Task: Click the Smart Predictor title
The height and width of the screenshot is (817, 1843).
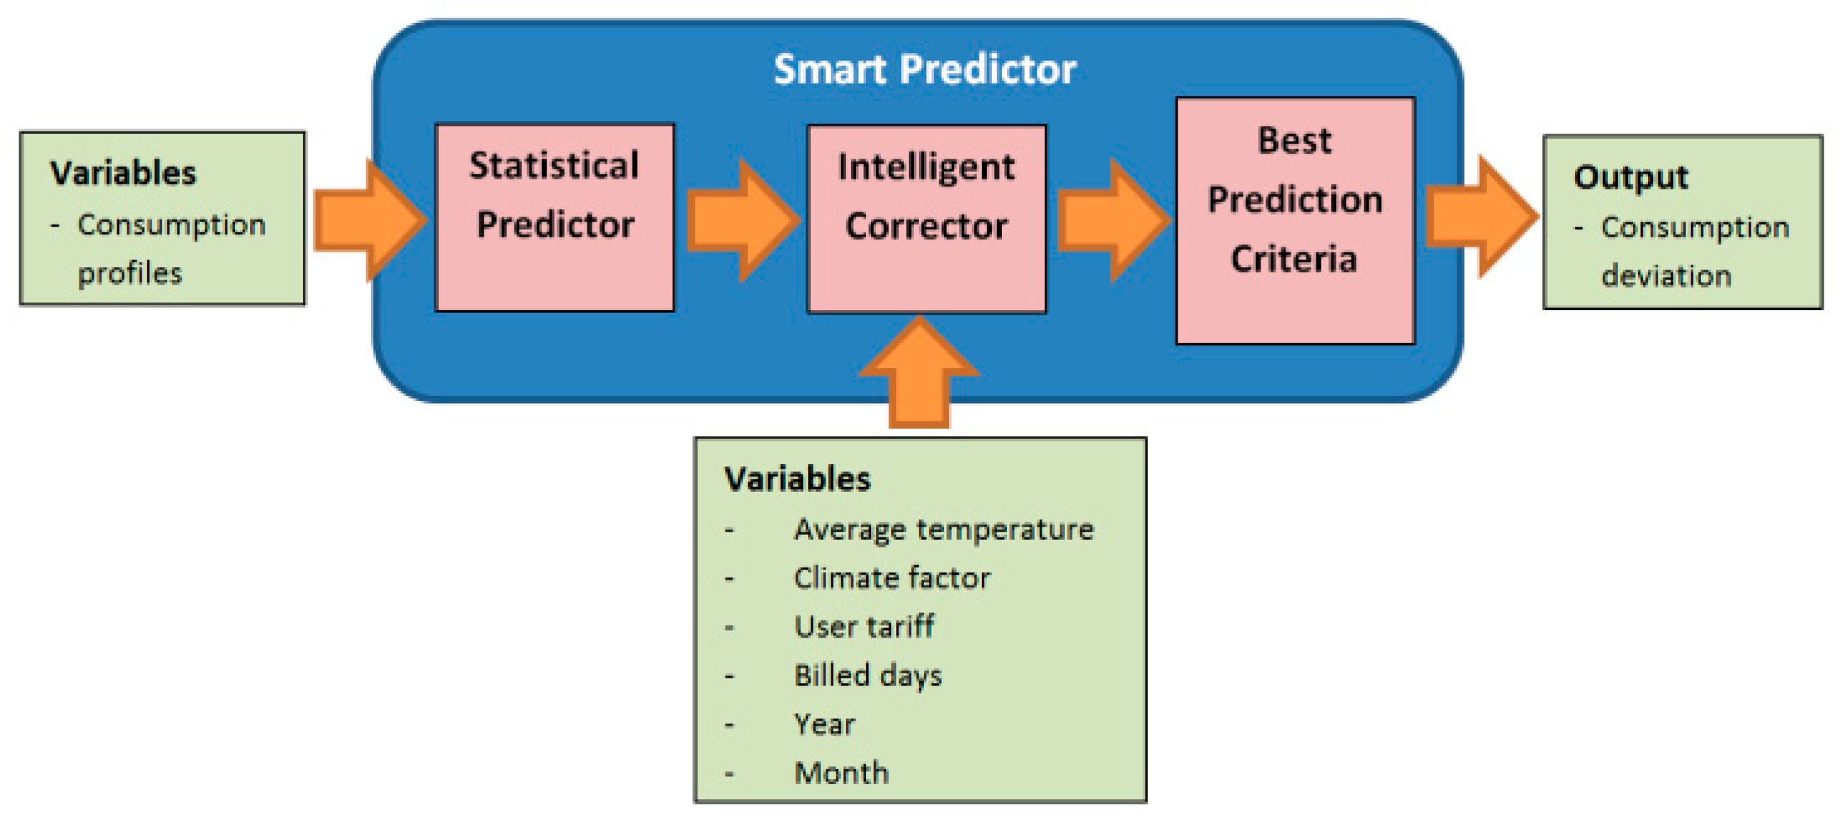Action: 925,69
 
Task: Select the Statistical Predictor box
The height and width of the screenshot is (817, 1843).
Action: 555,217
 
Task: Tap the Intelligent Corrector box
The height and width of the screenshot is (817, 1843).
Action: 927,219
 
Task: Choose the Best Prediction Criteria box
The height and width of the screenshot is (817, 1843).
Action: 1296,220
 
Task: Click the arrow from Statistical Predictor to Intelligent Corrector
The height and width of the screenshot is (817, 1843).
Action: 743,219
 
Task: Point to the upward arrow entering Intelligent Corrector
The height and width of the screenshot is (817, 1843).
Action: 919,372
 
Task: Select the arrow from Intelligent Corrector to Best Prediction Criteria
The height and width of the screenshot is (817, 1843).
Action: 1114,219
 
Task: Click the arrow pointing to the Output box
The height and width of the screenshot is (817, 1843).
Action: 1482,216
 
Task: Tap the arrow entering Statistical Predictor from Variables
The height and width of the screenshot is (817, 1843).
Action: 371,219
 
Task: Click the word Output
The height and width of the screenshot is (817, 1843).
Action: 1631,177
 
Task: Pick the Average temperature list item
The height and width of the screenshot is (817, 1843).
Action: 944,530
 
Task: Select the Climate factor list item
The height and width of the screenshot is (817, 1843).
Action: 892,578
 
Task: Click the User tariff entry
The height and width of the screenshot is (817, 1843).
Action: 864,626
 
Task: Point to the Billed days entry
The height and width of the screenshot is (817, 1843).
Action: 868,675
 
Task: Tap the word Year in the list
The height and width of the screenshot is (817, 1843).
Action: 825,724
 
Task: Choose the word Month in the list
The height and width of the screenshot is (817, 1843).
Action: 841,773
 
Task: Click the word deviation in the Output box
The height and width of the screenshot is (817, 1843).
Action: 1666,275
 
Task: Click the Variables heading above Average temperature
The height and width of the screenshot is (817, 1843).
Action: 798,479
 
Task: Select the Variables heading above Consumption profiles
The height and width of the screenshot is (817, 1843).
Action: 123,173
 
